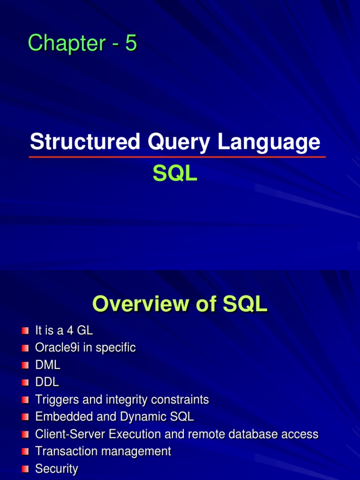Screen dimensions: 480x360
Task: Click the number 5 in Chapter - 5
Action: tap(131, 44)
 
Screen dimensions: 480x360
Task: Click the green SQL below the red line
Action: tap(175, 174)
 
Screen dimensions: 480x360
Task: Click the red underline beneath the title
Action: tap(177, 157)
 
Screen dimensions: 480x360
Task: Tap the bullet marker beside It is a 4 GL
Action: tap(25, 331)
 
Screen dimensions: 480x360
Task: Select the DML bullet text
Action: tap(48, 365)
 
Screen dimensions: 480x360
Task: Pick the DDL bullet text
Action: tap(47, 382)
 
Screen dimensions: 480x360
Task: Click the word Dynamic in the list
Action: tap(144, 417)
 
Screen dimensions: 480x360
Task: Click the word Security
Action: tap(57, 469)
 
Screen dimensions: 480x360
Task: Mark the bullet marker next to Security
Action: tap(25, 469)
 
